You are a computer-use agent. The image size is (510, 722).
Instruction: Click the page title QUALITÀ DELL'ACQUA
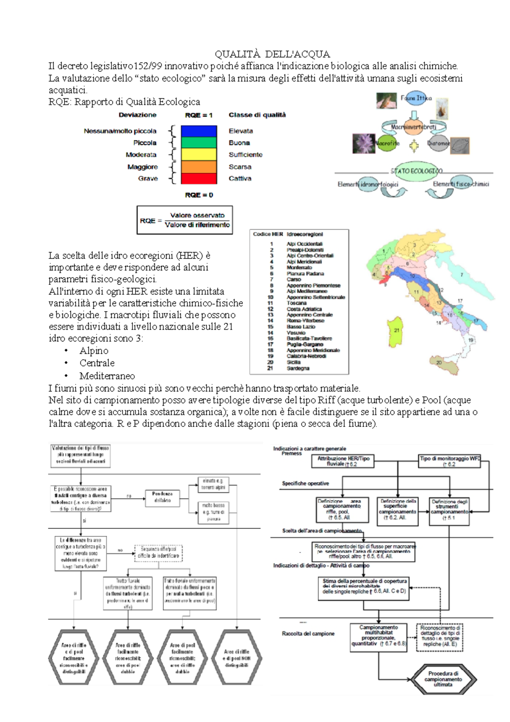point(272,54)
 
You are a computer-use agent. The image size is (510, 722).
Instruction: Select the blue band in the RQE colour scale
point(199,131)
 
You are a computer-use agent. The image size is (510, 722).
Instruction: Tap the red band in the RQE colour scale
point(199,179)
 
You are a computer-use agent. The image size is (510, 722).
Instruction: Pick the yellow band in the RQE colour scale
point(199,154)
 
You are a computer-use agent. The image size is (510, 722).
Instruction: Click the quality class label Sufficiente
point(245,155)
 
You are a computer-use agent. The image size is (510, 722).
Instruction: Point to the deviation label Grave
point(148,179)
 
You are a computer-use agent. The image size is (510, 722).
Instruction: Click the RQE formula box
point(184,220)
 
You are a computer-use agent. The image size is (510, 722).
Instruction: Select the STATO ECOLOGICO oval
point(416,171)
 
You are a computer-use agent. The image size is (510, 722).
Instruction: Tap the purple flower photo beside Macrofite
point(363,143)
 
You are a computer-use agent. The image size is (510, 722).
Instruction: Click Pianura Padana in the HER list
point(305,274)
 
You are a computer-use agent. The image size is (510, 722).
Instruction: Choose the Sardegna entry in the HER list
point(298,368)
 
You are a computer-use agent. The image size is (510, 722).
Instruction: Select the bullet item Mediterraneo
point(107,376)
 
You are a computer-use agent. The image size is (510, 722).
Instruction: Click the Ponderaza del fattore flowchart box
point(162,497)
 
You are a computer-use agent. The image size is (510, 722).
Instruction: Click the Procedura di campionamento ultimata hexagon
point(443,679)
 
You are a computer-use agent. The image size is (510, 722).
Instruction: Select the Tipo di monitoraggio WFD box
point(450,461)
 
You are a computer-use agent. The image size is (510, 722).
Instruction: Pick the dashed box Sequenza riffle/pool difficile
point(158,552)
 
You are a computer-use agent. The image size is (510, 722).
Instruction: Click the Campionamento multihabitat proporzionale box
point(378,636)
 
